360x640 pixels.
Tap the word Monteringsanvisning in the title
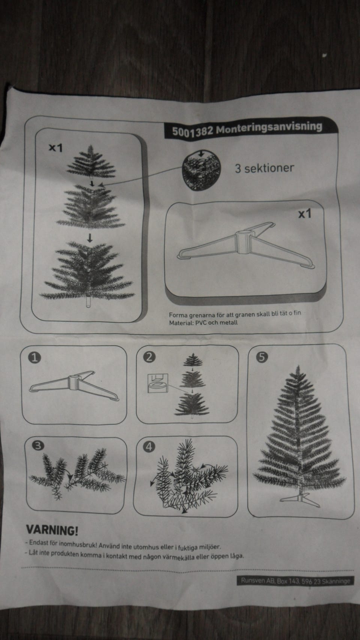[x=269, y=127]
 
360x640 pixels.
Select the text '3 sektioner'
[x=264, y=168]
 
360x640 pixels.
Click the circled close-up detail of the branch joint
[x=201, y=170]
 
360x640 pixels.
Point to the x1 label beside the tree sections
[x=55, y=148]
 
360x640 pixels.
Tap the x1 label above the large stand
[x=304, y=213]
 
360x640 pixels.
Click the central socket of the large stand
[x=242, y=242]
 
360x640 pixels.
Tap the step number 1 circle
[x=34, y=358]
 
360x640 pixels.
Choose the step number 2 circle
[x=149, y=357]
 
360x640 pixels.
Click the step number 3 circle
[x=38, y=445]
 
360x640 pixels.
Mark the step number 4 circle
[x=149, y=446]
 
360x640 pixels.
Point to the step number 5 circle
[x=262, y=357]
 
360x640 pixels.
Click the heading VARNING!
[x=52, y=530]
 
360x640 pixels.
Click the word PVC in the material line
[x=201, y=323]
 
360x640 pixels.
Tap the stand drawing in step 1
[x=74, y=386]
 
